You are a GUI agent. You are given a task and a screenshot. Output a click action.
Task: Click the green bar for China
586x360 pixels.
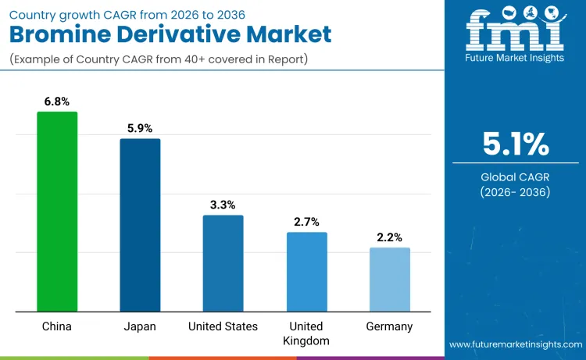(57, 212)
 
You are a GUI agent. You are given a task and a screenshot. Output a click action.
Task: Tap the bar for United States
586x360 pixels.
(223, 263)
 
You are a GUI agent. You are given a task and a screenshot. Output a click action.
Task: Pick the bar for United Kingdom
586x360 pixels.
(306, 272)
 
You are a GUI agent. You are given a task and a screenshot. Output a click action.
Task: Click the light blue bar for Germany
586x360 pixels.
(389, 280)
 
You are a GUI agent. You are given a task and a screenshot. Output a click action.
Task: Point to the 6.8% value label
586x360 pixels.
(57, 101)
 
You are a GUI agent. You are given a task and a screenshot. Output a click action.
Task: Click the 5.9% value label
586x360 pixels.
(140, 127)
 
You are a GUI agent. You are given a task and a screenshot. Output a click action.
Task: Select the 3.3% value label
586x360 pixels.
(223, 204)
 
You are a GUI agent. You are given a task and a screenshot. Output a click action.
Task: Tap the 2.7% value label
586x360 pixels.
(306, 222)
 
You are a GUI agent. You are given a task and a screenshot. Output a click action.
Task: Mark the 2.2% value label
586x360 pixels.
(389, 237)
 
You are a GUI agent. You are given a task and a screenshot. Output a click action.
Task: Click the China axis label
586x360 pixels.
(57, 326)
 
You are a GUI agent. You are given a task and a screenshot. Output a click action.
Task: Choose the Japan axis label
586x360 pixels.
(140, 326)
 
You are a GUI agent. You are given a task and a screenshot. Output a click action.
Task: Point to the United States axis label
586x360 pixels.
(223, 326)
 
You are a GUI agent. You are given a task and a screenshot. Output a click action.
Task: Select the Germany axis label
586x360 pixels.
(389, 326)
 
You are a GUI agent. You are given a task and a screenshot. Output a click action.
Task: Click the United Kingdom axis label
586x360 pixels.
(306, 333)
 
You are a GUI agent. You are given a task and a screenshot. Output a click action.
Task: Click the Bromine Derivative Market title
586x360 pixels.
(170, 34)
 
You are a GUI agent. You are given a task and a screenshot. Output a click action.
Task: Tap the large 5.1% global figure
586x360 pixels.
(515, 144)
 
